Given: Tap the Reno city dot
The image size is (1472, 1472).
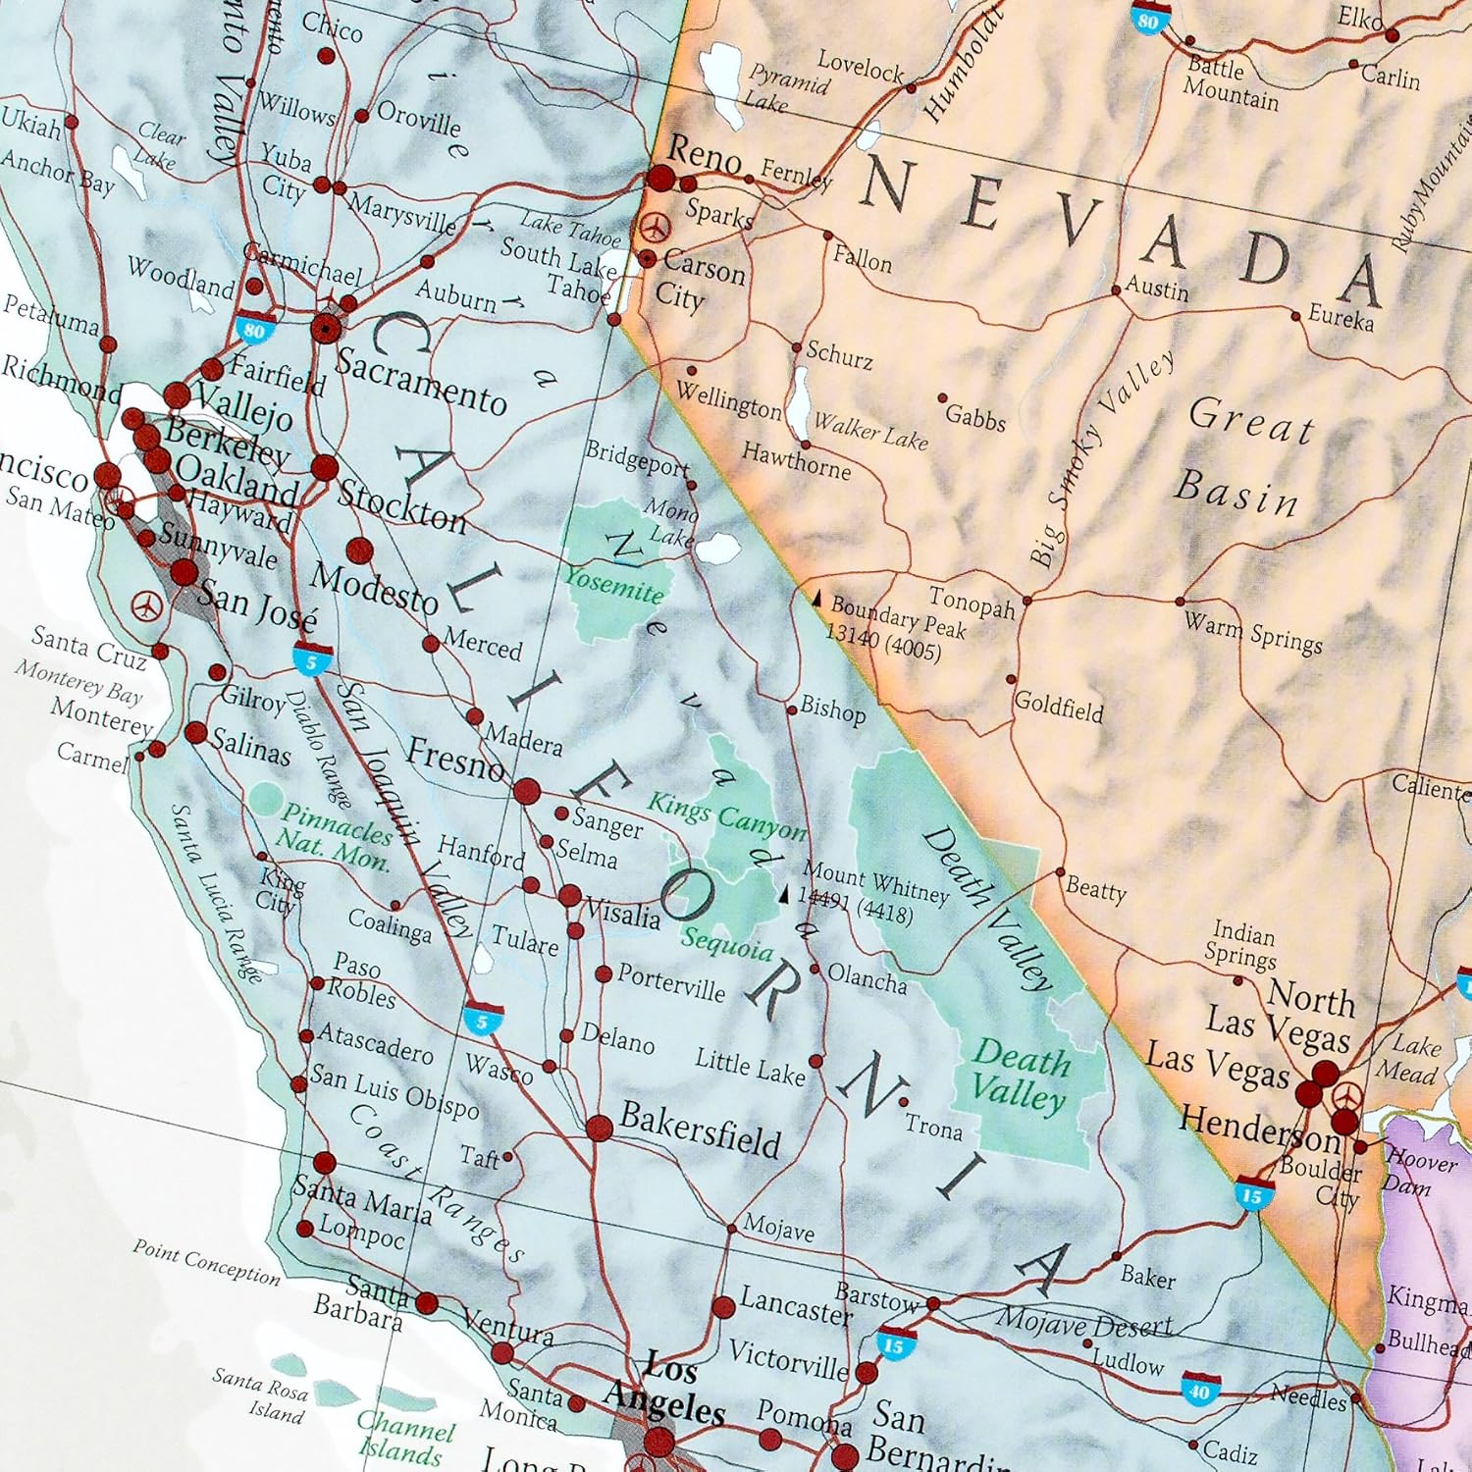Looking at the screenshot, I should point(661,179).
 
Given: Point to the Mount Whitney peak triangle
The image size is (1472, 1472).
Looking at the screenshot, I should point(783,895).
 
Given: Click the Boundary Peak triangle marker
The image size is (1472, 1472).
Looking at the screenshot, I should point(816,597).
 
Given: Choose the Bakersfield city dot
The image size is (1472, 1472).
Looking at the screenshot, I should point(600,1128).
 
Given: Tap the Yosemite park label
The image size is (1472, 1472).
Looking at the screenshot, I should point(614,585).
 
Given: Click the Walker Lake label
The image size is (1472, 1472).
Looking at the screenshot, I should point(870,432).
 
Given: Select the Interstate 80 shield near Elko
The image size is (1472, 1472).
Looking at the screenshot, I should point(1149,17).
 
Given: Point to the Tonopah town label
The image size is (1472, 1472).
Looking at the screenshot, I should point(972,602).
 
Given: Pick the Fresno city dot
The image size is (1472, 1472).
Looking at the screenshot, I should point(527,791).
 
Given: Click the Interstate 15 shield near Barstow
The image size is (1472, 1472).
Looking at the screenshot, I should point(894,1343).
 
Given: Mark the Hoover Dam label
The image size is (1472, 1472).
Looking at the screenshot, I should point(1421,1171).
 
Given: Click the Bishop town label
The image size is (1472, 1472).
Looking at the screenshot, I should point(832,709).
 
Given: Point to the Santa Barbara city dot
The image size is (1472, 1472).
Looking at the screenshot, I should point(427,1303).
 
